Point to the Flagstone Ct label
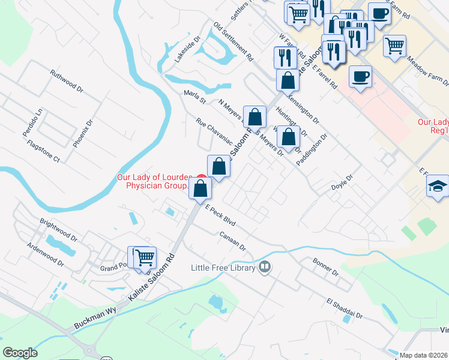(x=44, y=151)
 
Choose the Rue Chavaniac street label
(x=214, y=133)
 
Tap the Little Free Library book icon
(x=265, y=267)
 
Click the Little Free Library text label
(x=224, y=267)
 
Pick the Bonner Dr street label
(x=326, y=266)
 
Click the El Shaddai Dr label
(x=345, y=307)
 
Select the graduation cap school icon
(x=438, y=186)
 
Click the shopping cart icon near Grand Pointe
(x=145, y=257)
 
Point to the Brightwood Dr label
(x=58, y=226)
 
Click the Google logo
(x=20, y=353)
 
